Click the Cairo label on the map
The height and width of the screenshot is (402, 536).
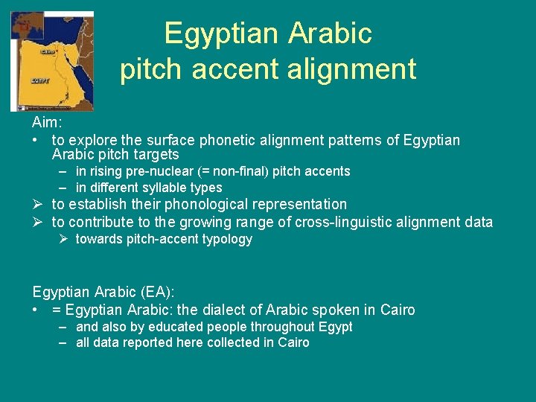[48, 52]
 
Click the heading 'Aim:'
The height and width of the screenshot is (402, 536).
[47, 122]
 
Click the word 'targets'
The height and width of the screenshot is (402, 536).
[156, 154]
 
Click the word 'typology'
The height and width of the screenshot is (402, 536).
[228, 239]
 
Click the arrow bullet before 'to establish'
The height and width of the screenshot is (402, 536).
[39, 204]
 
